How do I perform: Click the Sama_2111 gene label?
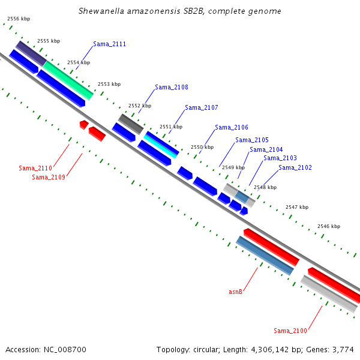109,44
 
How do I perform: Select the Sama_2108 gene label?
171,88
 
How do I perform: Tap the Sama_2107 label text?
201,108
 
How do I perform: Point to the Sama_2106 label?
232,127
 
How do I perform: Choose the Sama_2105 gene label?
252,140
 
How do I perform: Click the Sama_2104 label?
266,150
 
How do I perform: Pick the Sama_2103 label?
280,158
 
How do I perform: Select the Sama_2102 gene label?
295,168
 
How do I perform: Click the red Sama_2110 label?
35,168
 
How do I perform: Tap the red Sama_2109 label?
49,177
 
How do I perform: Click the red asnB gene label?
235,292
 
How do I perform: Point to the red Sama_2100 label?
290,331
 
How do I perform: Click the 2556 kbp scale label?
19,19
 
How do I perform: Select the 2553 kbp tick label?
109,84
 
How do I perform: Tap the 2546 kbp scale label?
329,226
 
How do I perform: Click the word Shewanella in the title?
100,11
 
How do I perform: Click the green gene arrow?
68,80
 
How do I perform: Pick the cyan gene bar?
160,145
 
